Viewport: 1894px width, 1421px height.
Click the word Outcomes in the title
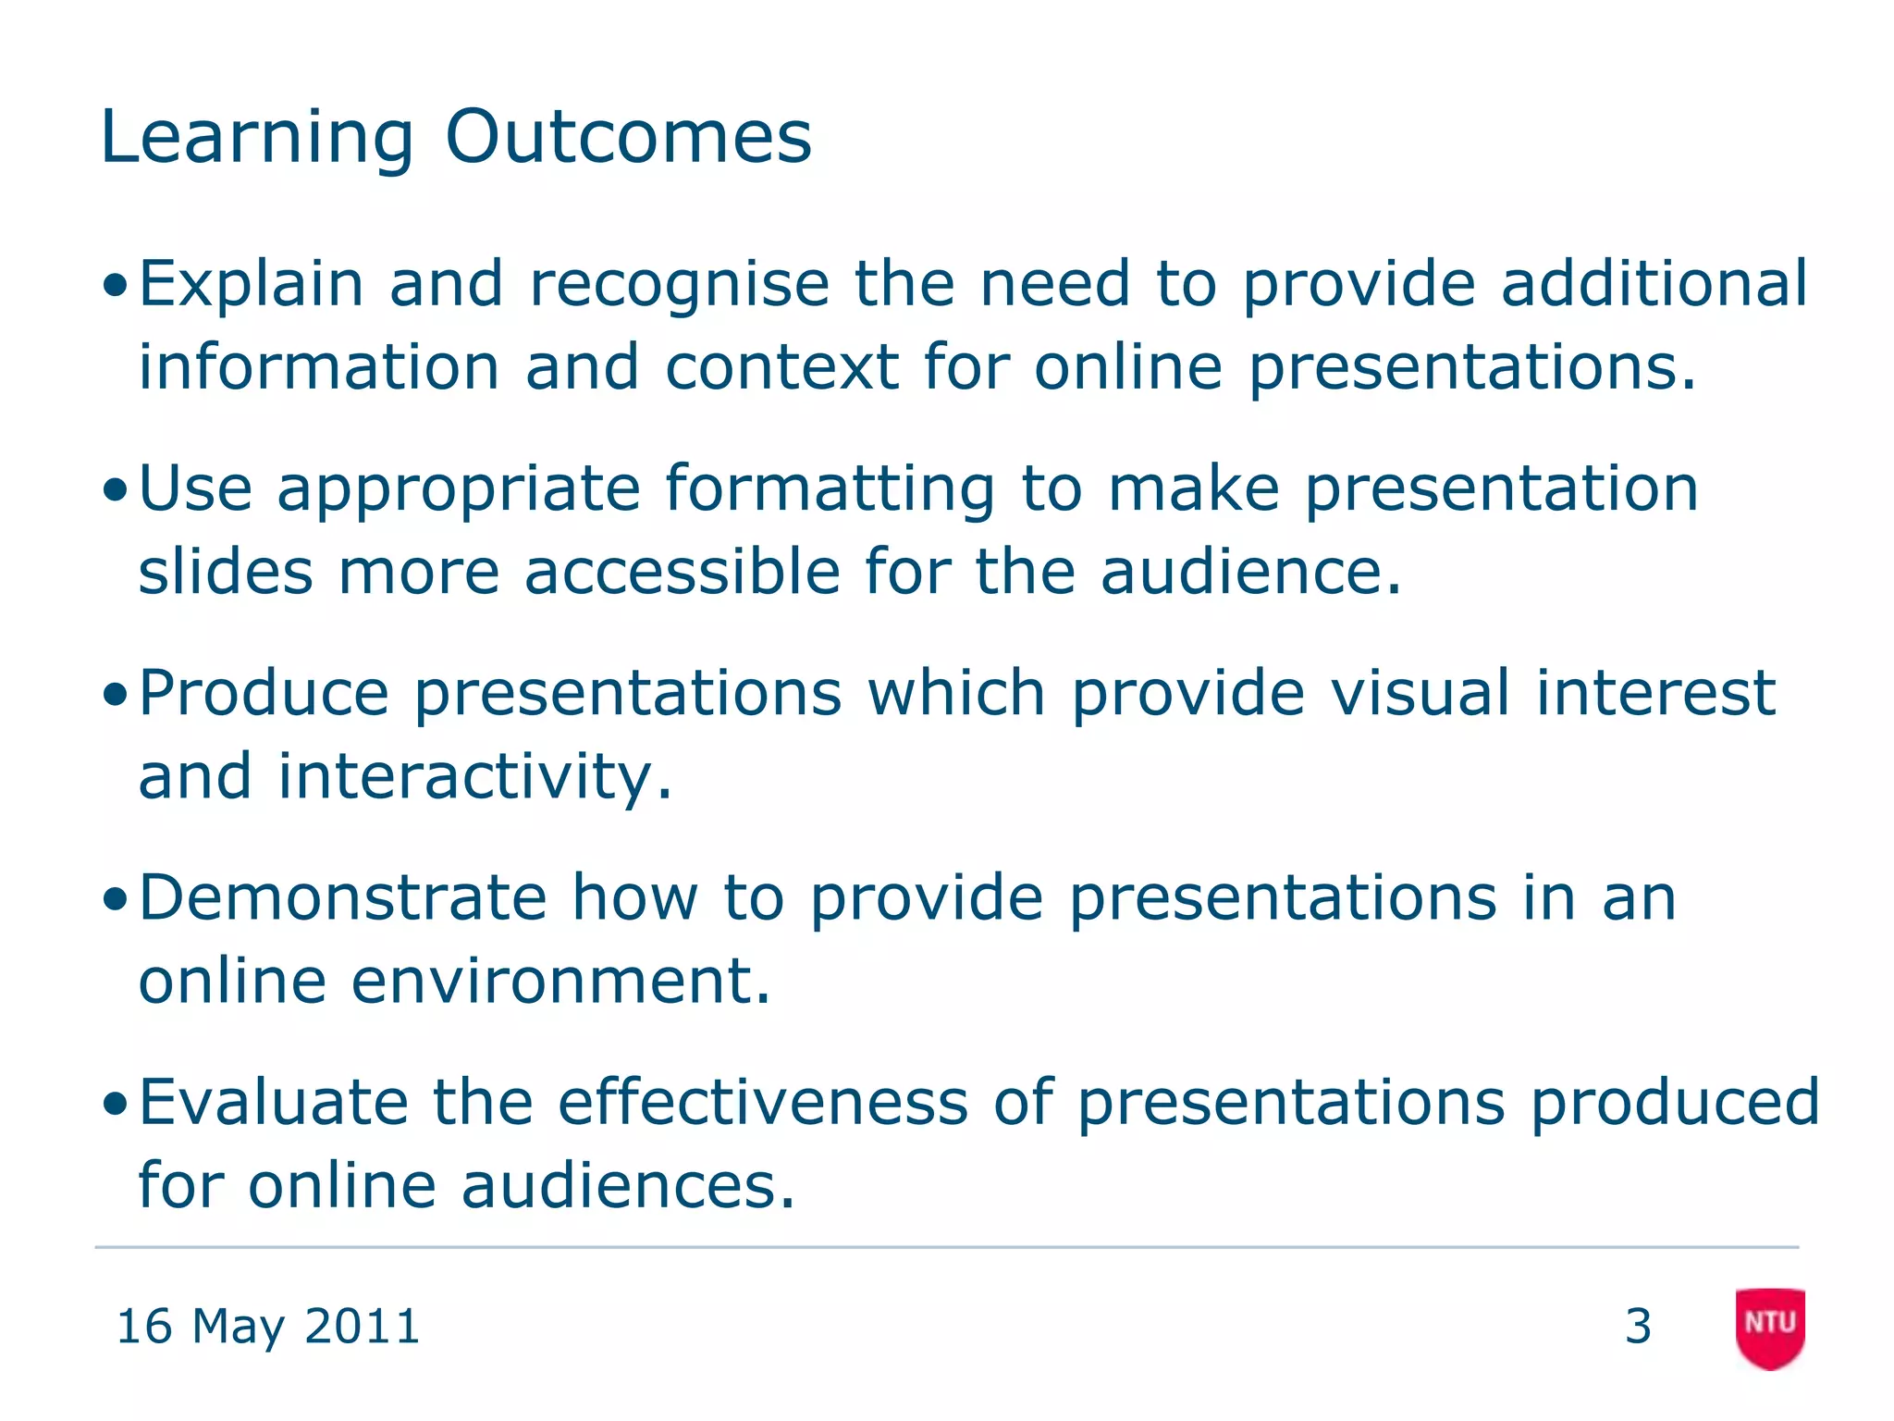628,137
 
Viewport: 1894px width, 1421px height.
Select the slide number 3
1638,1326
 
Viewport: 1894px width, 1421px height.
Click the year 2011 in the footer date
362,1326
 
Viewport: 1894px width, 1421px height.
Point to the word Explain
251,284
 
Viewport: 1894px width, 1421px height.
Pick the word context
781,367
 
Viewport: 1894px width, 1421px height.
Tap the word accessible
682,572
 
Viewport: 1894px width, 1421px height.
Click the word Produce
264,694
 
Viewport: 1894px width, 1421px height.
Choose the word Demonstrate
343,897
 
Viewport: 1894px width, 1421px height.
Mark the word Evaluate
273,1102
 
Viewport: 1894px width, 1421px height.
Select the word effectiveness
763,1102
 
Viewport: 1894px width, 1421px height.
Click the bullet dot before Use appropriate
115,490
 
